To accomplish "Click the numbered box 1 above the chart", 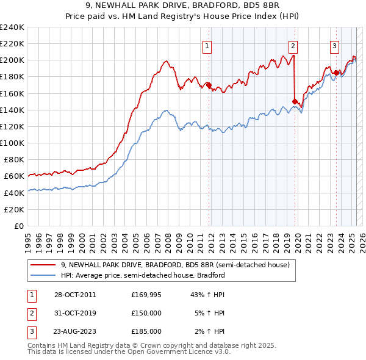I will click(x=207, y=45).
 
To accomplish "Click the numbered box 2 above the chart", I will click(x=293, y=45).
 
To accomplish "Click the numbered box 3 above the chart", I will click(x=335, y=45).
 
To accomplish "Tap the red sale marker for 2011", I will click(x=209, y=85).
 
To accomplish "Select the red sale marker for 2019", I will click(x=295, y=101).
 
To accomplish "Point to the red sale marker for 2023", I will click(x=336, y=73).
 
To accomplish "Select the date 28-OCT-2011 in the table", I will click(x=75, y=295).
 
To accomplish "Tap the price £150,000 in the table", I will click(x=146, y=313).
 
